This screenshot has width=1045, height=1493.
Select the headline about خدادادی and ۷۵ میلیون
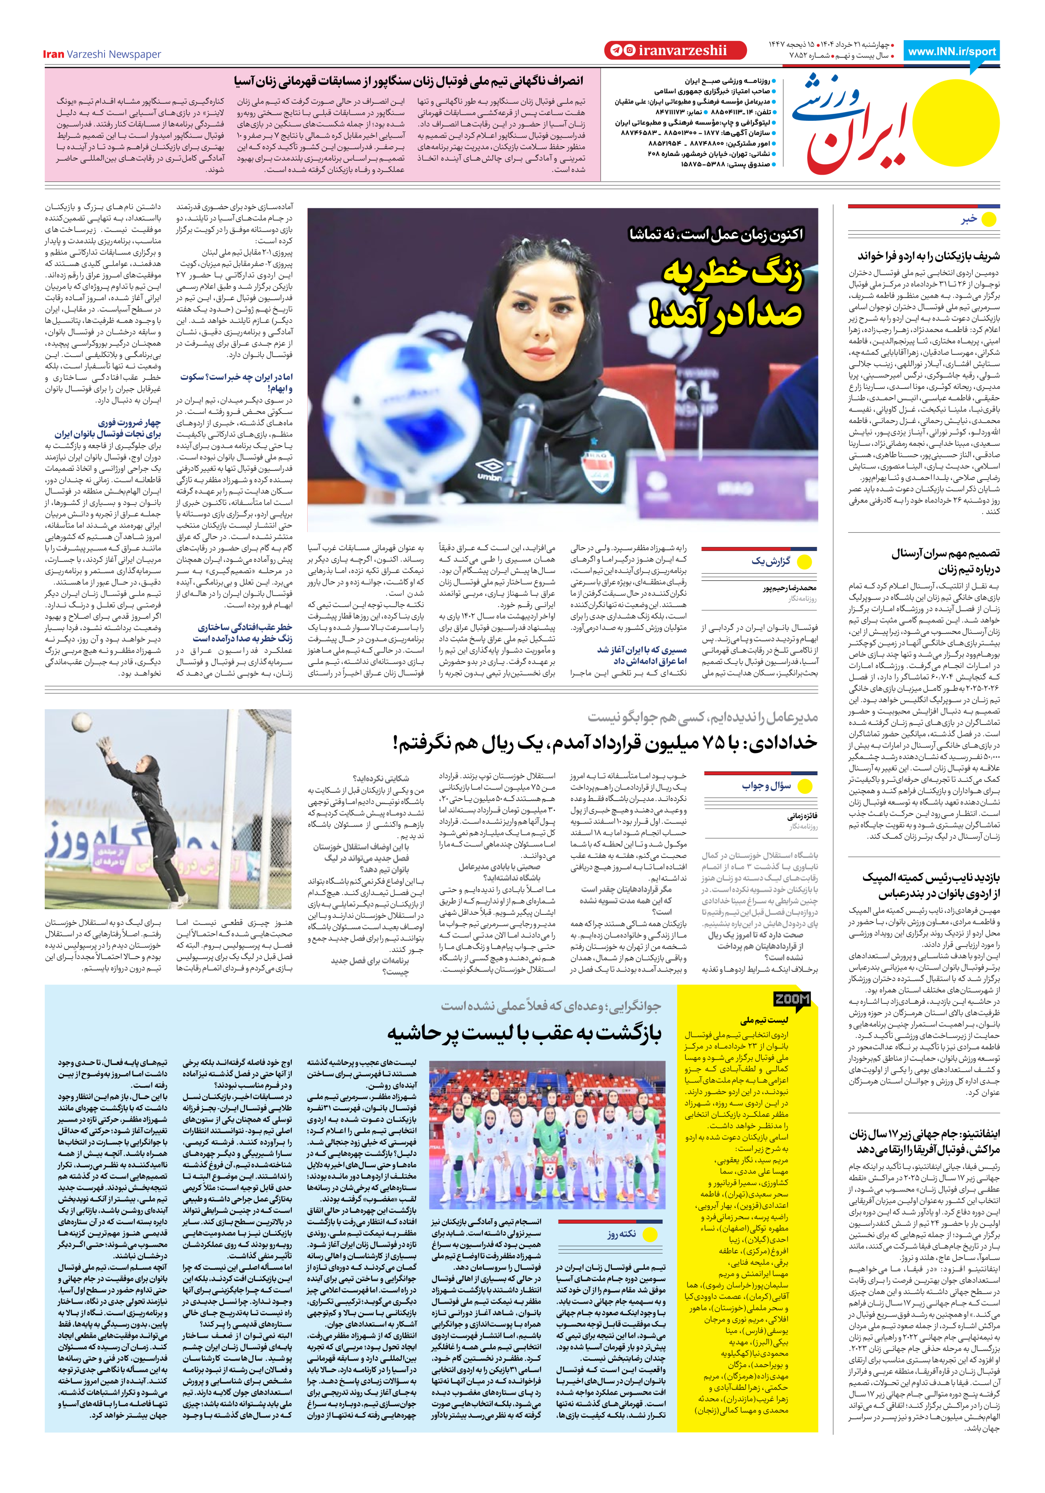point(605,743)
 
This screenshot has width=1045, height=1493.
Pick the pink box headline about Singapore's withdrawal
point(408,81)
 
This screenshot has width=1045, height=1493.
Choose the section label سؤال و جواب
point(767,786)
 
